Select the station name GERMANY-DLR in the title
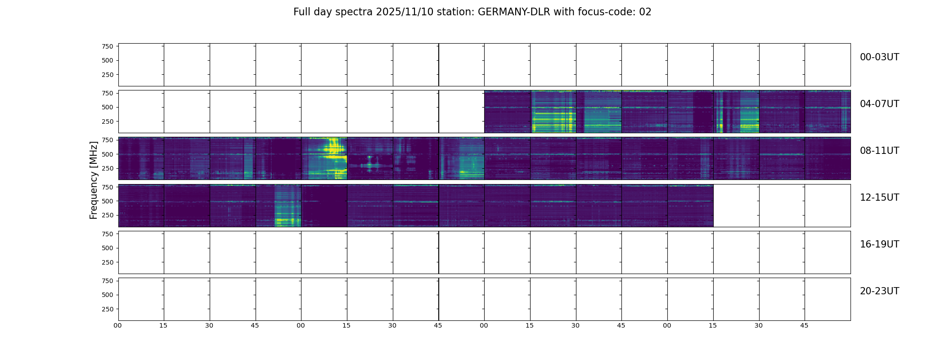point(514,12)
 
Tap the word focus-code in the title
point(603,12)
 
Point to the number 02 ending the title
point(645,12)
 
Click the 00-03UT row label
point(879,57)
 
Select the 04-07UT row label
point(879,104)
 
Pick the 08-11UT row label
point(879,151)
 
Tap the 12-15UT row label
point(879,198)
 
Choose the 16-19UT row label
point(879,244)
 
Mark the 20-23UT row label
point(879,291)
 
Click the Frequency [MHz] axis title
point(94,180)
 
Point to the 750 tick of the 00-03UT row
point(107,46)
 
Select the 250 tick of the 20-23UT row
point(107,309)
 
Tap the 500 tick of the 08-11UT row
point(107,154)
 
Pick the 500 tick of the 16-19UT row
point(107,248)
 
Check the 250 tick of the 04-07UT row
point(107,121)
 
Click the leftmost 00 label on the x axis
point(118,325)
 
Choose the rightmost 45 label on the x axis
point(804,325)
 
